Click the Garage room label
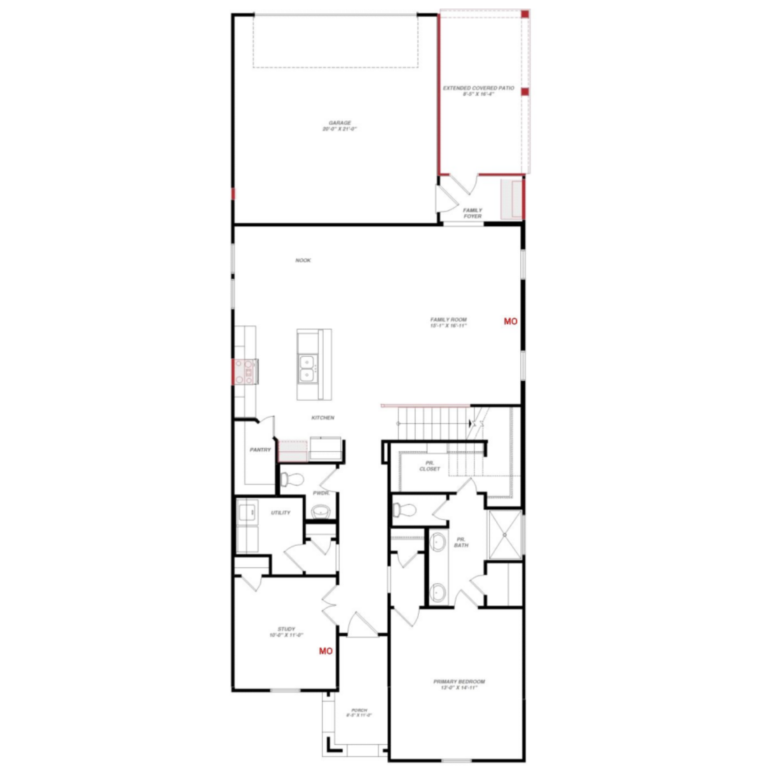coord(339,123)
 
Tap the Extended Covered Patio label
coord(478,88)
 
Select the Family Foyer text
coord(472,213)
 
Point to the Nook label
coord(303,260)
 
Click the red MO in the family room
coord(511,321)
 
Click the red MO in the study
coord(326,651)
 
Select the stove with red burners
coord(244,371)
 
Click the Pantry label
coord(260,450)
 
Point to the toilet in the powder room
coord(292,480)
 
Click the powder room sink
coord(320,512)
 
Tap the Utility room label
coord(281,513)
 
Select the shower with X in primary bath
coord(505,534)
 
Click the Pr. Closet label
coord(430,466)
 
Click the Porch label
coord(359,710)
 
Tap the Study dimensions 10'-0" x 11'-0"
coord(286,635)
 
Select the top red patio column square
coord(525,14)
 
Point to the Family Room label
coord(448,320)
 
